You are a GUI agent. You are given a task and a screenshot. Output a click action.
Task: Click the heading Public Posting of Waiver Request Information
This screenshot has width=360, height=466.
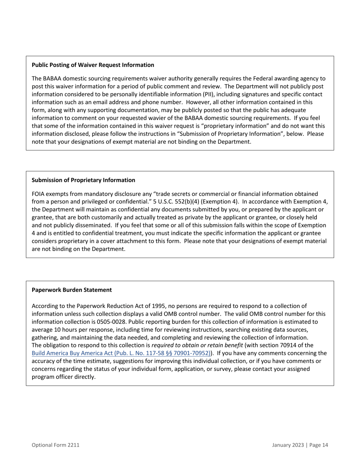[93, 65]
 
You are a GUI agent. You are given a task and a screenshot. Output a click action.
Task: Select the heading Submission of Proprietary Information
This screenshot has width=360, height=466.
[83, 180]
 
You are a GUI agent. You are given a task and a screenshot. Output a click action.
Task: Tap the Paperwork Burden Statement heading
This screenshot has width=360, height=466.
[72, 290]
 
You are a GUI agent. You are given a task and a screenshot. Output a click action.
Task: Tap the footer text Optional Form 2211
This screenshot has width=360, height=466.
[55, 445]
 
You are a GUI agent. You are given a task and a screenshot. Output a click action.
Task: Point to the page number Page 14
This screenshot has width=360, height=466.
[318, 445]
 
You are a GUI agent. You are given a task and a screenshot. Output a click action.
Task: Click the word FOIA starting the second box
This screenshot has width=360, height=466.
[39, 194]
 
